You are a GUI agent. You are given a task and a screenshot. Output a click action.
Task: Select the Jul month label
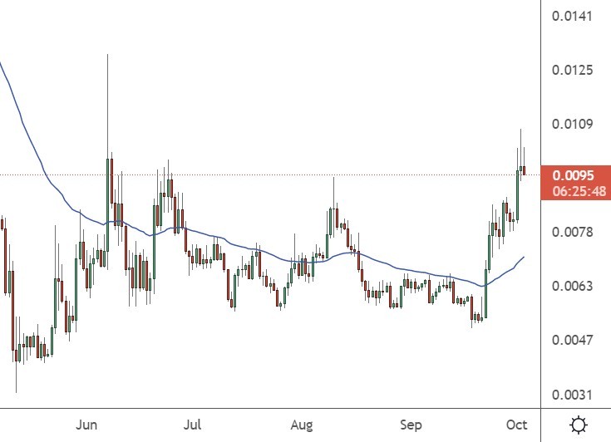point(193,425)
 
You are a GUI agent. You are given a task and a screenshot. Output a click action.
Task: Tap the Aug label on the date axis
point(302,425)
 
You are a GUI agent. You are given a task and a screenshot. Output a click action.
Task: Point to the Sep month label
point(411,425)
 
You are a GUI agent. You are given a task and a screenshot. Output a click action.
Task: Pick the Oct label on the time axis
point(517,425)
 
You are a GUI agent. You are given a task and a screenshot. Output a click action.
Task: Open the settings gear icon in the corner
point(579,425)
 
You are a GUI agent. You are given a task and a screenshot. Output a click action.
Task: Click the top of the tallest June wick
point(107,55)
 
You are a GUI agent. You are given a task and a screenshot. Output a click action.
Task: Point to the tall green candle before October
point(517,194)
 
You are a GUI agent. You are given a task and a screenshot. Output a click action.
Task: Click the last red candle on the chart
point(524,170)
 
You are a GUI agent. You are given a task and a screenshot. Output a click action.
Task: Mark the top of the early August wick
point(333,178)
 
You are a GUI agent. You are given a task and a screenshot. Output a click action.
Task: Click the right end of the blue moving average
point(524,258)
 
